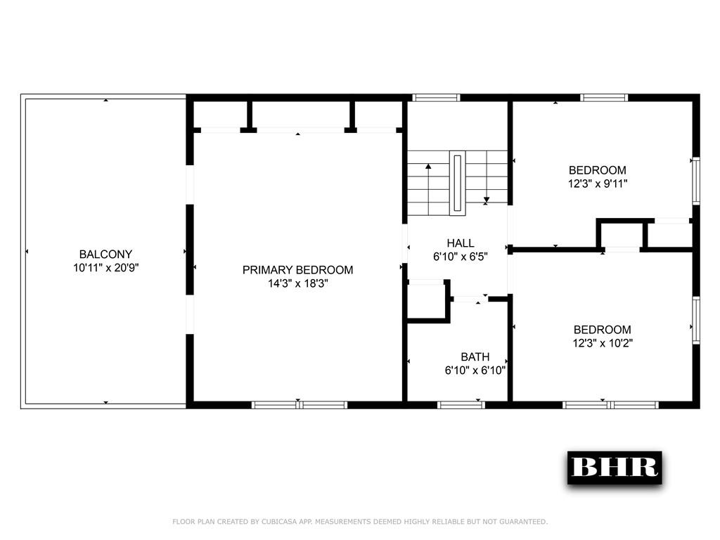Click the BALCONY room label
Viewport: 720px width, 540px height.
pos(105,255)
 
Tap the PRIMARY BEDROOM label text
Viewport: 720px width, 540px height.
pos(297,270)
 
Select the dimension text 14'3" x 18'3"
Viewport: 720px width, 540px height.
pos(297,283)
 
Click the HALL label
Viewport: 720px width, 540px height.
pos(460,243)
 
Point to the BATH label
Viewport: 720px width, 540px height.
pos(475,356)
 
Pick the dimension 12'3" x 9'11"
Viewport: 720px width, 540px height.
pos(598,184)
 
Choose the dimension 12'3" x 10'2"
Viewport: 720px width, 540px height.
pos(603,343)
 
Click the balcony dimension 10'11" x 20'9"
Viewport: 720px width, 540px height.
pos(105,268)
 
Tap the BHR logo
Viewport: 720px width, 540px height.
pos(615,468)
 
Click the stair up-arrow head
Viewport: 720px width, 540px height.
pos(428,166)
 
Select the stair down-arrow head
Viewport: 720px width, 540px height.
pos(487,200)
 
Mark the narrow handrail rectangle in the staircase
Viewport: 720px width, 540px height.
pos(457,183)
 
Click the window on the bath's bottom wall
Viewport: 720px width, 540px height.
pos(461,405)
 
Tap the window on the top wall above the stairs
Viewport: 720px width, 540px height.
pos(436,98)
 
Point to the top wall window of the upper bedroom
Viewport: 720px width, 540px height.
pos(604,98)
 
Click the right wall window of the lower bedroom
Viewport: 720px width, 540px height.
pos(696,321)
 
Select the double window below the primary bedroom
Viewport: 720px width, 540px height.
pos(300,405)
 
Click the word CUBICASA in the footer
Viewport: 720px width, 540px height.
pos(279,522)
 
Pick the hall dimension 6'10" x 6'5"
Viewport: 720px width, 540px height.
pos(460,257)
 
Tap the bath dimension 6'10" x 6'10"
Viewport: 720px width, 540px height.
pos(475,370)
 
